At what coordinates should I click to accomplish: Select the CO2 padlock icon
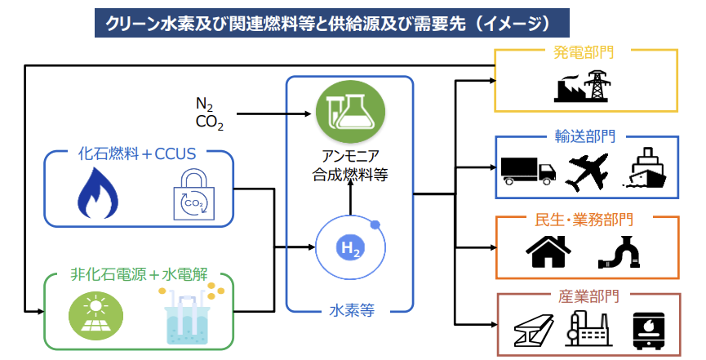(194, 197)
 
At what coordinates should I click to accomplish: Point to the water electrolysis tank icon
(188, 313)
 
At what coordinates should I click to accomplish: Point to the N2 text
(205, 104)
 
